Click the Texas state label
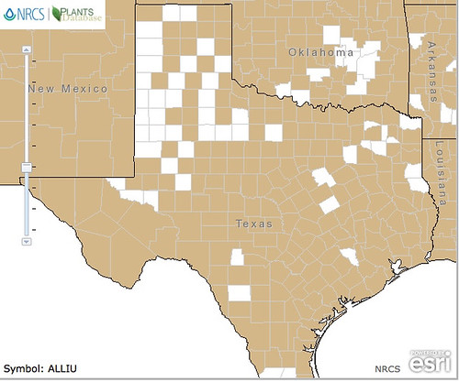coord(252,224)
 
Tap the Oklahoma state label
coord(320,52)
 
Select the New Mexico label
coord(68,89)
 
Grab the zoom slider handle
coord(27,167)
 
